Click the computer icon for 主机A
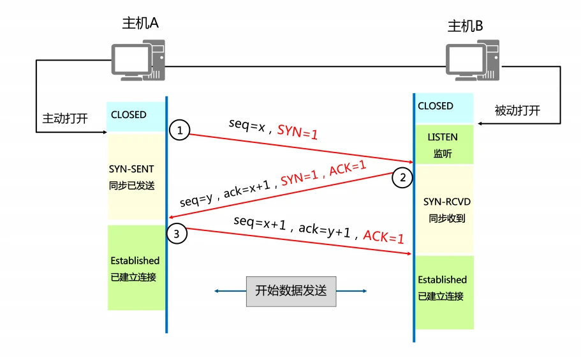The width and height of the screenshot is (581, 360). click(138, 60)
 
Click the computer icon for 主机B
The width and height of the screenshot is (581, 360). click(471, 61)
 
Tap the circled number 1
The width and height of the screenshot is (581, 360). click(180, 131)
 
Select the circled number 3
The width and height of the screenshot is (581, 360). click(177, 234)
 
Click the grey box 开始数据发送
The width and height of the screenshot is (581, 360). click(291, 291)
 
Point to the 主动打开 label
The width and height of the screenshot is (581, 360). click(65, 119)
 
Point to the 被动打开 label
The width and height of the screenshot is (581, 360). click(517, 110)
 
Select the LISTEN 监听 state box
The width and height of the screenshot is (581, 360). click(443, 145)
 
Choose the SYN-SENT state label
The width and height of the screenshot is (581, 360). click(131, 169)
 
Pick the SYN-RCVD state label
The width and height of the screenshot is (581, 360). click(446, 202)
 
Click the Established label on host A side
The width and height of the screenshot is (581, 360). click(135, 260)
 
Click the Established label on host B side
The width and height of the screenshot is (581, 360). click(443, 280)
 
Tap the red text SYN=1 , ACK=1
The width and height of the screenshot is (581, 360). click(324, 174)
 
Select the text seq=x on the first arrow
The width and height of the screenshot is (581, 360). click(247, 125)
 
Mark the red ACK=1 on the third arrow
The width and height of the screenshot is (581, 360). click(383, 237)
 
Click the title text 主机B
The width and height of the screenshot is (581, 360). click(465, 26)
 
